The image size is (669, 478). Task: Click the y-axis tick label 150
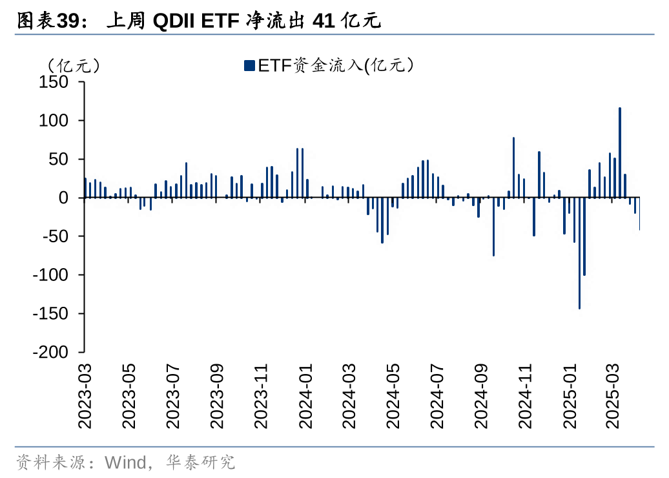[54, 82]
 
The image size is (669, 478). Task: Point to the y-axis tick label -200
[50, 352]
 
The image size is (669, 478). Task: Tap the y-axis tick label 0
[63, 198]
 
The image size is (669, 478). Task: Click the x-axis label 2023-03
[85, 396]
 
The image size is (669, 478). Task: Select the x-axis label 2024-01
[305, 396]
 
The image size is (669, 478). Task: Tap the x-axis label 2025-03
[612, 396]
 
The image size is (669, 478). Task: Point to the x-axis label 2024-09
[481, 396]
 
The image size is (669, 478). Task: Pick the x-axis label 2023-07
[173, 396]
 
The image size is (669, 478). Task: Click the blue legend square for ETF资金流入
[249, 65]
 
